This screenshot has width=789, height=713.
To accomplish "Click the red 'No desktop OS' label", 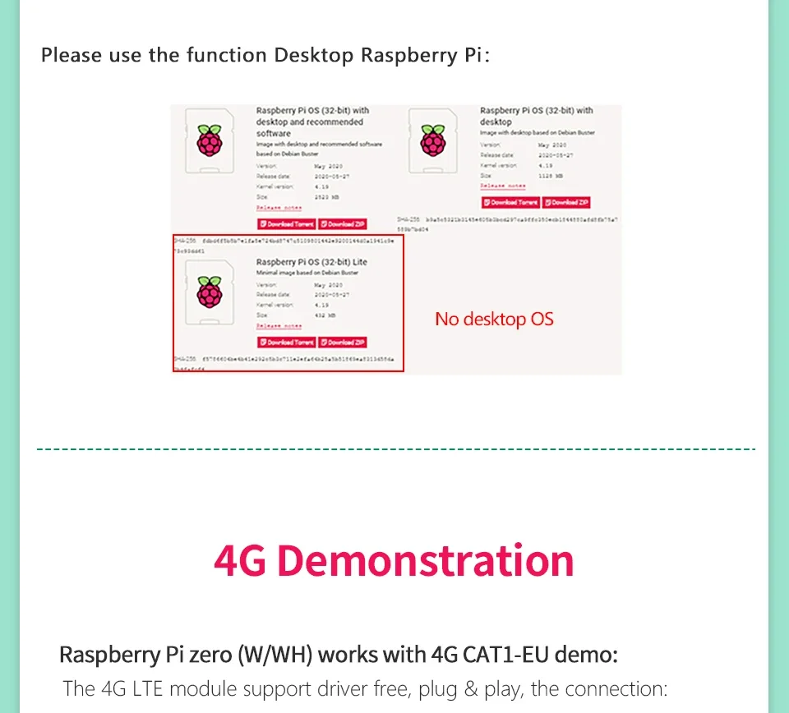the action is click(494, 319).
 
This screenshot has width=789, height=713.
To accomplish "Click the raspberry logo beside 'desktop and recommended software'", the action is click(210, 142).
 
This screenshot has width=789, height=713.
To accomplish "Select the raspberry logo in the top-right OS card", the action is click(432, 140).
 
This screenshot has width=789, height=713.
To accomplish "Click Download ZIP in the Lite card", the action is click(343, 342).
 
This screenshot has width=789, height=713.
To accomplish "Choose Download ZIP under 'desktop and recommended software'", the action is click(343, 223).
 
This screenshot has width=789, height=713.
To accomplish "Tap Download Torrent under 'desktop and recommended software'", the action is click(287, 223).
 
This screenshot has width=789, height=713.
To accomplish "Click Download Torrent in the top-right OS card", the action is click(510, 202).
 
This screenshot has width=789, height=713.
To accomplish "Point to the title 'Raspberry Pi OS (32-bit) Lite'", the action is click(311, 262).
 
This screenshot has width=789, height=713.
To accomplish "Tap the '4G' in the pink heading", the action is click(240, 561).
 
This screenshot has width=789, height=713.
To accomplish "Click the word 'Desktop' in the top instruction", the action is click(315, 56).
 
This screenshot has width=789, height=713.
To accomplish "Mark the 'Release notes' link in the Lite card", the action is click(279, 326).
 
